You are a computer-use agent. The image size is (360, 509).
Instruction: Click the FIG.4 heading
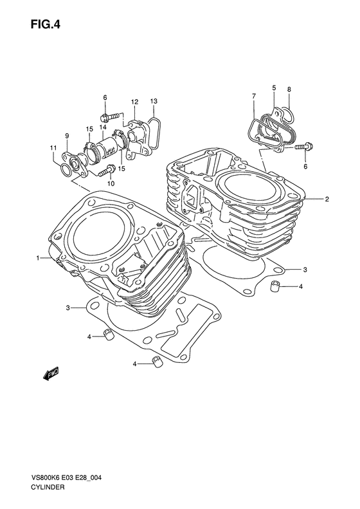pyautogui.click(x=46, y=24)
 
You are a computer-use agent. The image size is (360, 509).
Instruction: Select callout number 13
pyautogui.click(x=154, y=101)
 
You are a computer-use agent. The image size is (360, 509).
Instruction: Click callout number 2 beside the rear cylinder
pyautogui.click(x=327, y=199)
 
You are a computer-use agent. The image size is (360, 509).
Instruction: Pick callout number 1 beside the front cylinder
pyautogui.click(x=38, y=258)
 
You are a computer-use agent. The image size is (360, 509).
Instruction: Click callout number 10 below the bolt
pyautogui.click(x=111, y=184)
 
